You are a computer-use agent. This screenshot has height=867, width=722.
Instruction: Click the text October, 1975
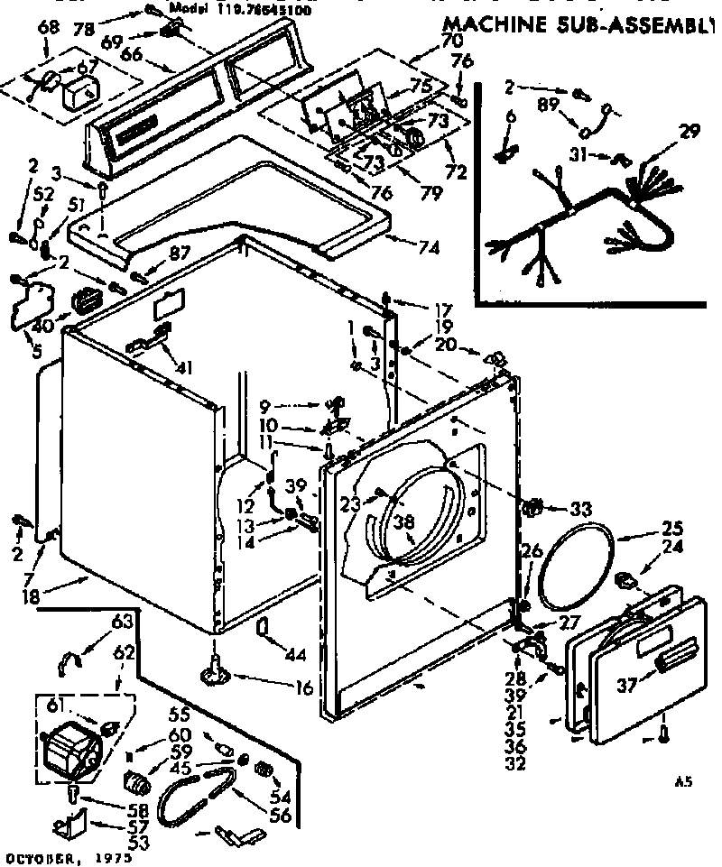(67, 857)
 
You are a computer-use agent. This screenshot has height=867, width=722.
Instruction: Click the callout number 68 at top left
(50, 29)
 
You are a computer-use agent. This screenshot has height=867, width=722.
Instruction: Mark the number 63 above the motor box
(123, 622)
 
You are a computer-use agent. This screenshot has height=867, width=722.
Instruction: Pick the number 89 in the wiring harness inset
(546, 105)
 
